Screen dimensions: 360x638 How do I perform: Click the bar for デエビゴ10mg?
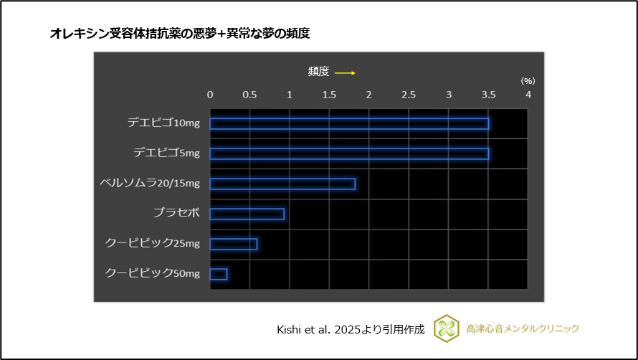coord(349,123)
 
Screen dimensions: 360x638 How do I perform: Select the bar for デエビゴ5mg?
coord(349,153)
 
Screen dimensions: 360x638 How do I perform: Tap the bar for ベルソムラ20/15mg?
coord(282,184)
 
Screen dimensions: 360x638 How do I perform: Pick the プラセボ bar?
coord(247,214)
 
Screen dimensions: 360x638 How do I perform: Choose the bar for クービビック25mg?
coord(233,244)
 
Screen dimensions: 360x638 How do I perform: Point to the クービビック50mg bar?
coord(219,273)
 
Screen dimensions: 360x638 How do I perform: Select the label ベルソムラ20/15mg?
coord(150,183)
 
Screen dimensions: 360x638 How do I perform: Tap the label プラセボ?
coord(176,213)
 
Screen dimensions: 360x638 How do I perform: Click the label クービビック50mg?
coord(153,273)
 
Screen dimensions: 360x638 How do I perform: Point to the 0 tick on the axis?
coord(210,95)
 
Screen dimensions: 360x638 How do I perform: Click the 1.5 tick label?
coord(329,95)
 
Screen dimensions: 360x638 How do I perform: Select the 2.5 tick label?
coord(409,95)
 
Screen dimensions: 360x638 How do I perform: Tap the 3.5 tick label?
coord(488,95)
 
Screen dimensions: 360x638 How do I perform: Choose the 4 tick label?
coord(528,95)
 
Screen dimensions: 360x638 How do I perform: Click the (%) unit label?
coord(528,82)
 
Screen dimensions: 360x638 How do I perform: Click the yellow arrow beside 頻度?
coord(345,72)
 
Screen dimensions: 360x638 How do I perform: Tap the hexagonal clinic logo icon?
coord(448,328)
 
